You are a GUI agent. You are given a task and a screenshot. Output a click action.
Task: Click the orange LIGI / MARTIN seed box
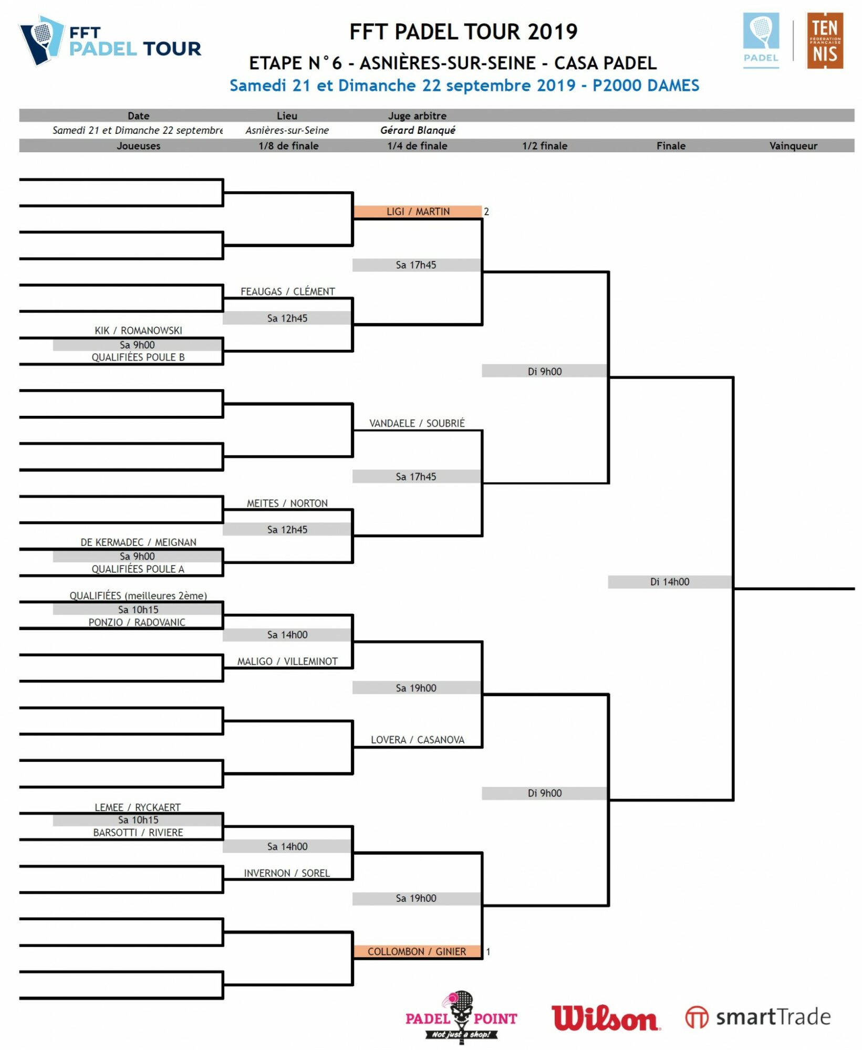(418, 212)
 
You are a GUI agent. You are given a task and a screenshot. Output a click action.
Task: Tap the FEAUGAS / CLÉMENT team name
(287, 291)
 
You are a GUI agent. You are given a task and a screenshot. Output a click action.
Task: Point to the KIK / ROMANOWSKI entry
(138, 330)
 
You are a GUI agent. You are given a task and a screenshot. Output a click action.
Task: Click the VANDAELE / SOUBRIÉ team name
(417, 423)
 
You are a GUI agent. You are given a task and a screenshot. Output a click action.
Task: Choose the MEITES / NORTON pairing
(287, 503)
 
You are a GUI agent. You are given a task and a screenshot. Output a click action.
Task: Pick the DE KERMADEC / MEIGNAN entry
(138, 542)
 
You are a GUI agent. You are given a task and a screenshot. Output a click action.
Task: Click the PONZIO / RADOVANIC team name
(137, 622)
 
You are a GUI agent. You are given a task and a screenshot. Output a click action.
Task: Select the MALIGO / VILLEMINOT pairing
(287, 661)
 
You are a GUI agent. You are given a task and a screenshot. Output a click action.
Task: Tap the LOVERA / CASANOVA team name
(418, 740)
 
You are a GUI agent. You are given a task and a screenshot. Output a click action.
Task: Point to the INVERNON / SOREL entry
(287, 873)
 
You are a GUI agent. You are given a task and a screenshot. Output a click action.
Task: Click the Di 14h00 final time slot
(670, 582)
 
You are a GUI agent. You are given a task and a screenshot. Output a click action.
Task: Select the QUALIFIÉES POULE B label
(138, 357)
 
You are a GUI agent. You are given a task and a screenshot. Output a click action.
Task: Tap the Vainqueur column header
(793, 145)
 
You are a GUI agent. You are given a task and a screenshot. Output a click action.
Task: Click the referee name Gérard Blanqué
(418, 130)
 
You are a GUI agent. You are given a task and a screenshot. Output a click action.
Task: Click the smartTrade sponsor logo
(758, 1017)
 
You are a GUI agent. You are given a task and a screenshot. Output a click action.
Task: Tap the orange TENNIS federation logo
(825, 41)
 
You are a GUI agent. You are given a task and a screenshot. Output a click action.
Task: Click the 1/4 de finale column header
(418, 145)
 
